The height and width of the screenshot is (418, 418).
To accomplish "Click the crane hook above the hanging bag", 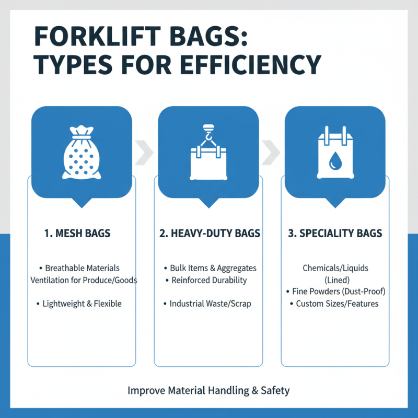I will (x=208, y=137).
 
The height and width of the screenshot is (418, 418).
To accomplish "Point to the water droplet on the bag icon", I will (x=334, y=163).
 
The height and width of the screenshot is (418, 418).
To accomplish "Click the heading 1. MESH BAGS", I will (x=77, y=234).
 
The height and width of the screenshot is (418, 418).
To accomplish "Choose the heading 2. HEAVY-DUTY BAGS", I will (x=210, y=234).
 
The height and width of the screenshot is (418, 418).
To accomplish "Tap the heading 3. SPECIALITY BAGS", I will (x=335, y=234).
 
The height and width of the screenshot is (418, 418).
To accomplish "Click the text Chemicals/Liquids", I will (x=335, y=268).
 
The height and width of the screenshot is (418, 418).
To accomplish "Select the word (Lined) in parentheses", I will (x=335, y=280).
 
